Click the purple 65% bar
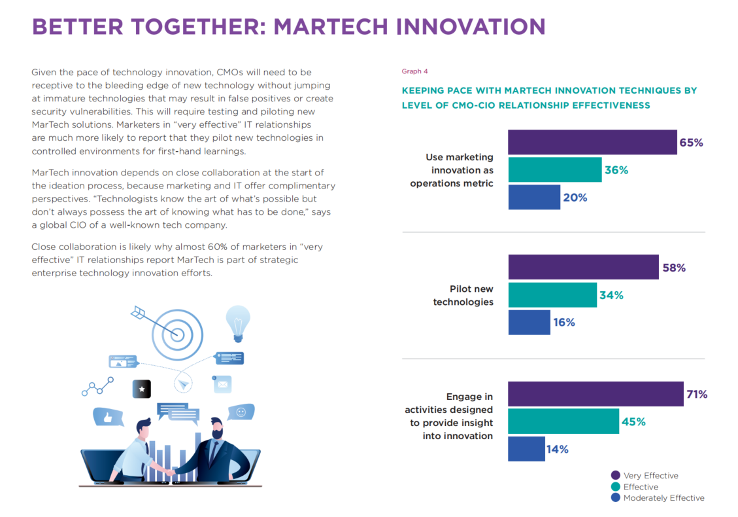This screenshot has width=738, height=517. tap(592, 142)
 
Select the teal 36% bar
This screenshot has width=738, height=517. tap(554, 169)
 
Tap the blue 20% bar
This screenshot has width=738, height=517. tap(534, 197)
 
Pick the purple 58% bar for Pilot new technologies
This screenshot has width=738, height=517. tap(583, 267)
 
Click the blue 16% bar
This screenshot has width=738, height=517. tap(529, 322)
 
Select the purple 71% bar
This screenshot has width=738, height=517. tap(595, 394)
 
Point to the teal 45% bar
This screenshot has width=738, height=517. tap(563, 421)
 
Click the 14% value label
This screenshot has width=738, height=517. tap(558, 449)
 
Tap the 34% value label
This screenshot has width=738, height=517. tap(611, 295)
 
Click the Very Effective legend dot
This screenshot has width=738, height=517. tap(615, 476)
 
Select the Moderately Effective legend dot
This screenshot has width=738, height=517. tap(615, 498)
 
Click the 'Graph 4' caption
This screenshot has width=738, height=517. tap(414, 71)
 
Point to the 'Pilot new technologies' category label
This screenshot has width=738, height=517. tap(463, 295)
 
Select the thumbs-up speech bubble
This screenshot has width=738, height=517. tap(109, 417)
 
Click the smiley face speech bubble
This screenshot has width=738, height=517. tap(241, 412)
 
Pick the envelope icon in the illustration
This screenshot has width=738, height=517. tap(222, 384)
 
